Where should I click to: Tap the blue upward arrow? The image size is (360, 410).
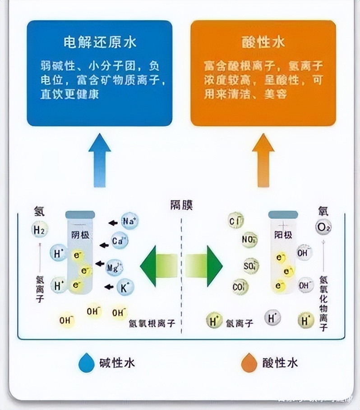point(100,160)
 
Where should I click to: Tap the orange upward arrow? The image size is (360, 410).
point(263,160)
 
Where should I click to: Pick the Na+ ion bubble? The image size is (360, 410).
point(129,222)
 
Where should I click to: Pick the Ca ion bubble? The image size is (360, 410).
point(120,241)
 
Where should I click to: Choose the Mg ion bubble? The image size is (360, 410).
point(114,267)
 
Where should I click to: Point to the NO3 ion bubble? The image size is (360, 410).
point(249,240)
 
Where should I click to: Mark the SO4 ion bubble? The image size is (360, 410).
point(251,266)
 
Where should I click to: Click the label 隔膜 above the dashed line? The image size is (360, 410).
point(181,206)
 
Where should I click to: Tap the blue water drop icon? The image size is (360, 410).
point(87,363)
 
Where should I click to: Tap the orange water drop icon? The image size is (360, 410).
point(249,363)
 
